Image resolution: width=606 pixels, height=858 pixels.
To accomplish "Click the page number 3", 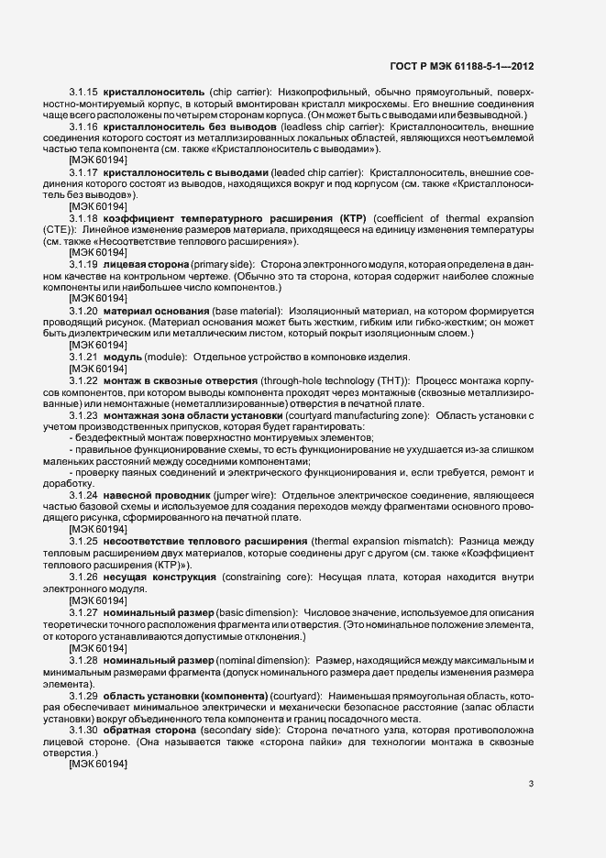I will pos(531,783).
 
